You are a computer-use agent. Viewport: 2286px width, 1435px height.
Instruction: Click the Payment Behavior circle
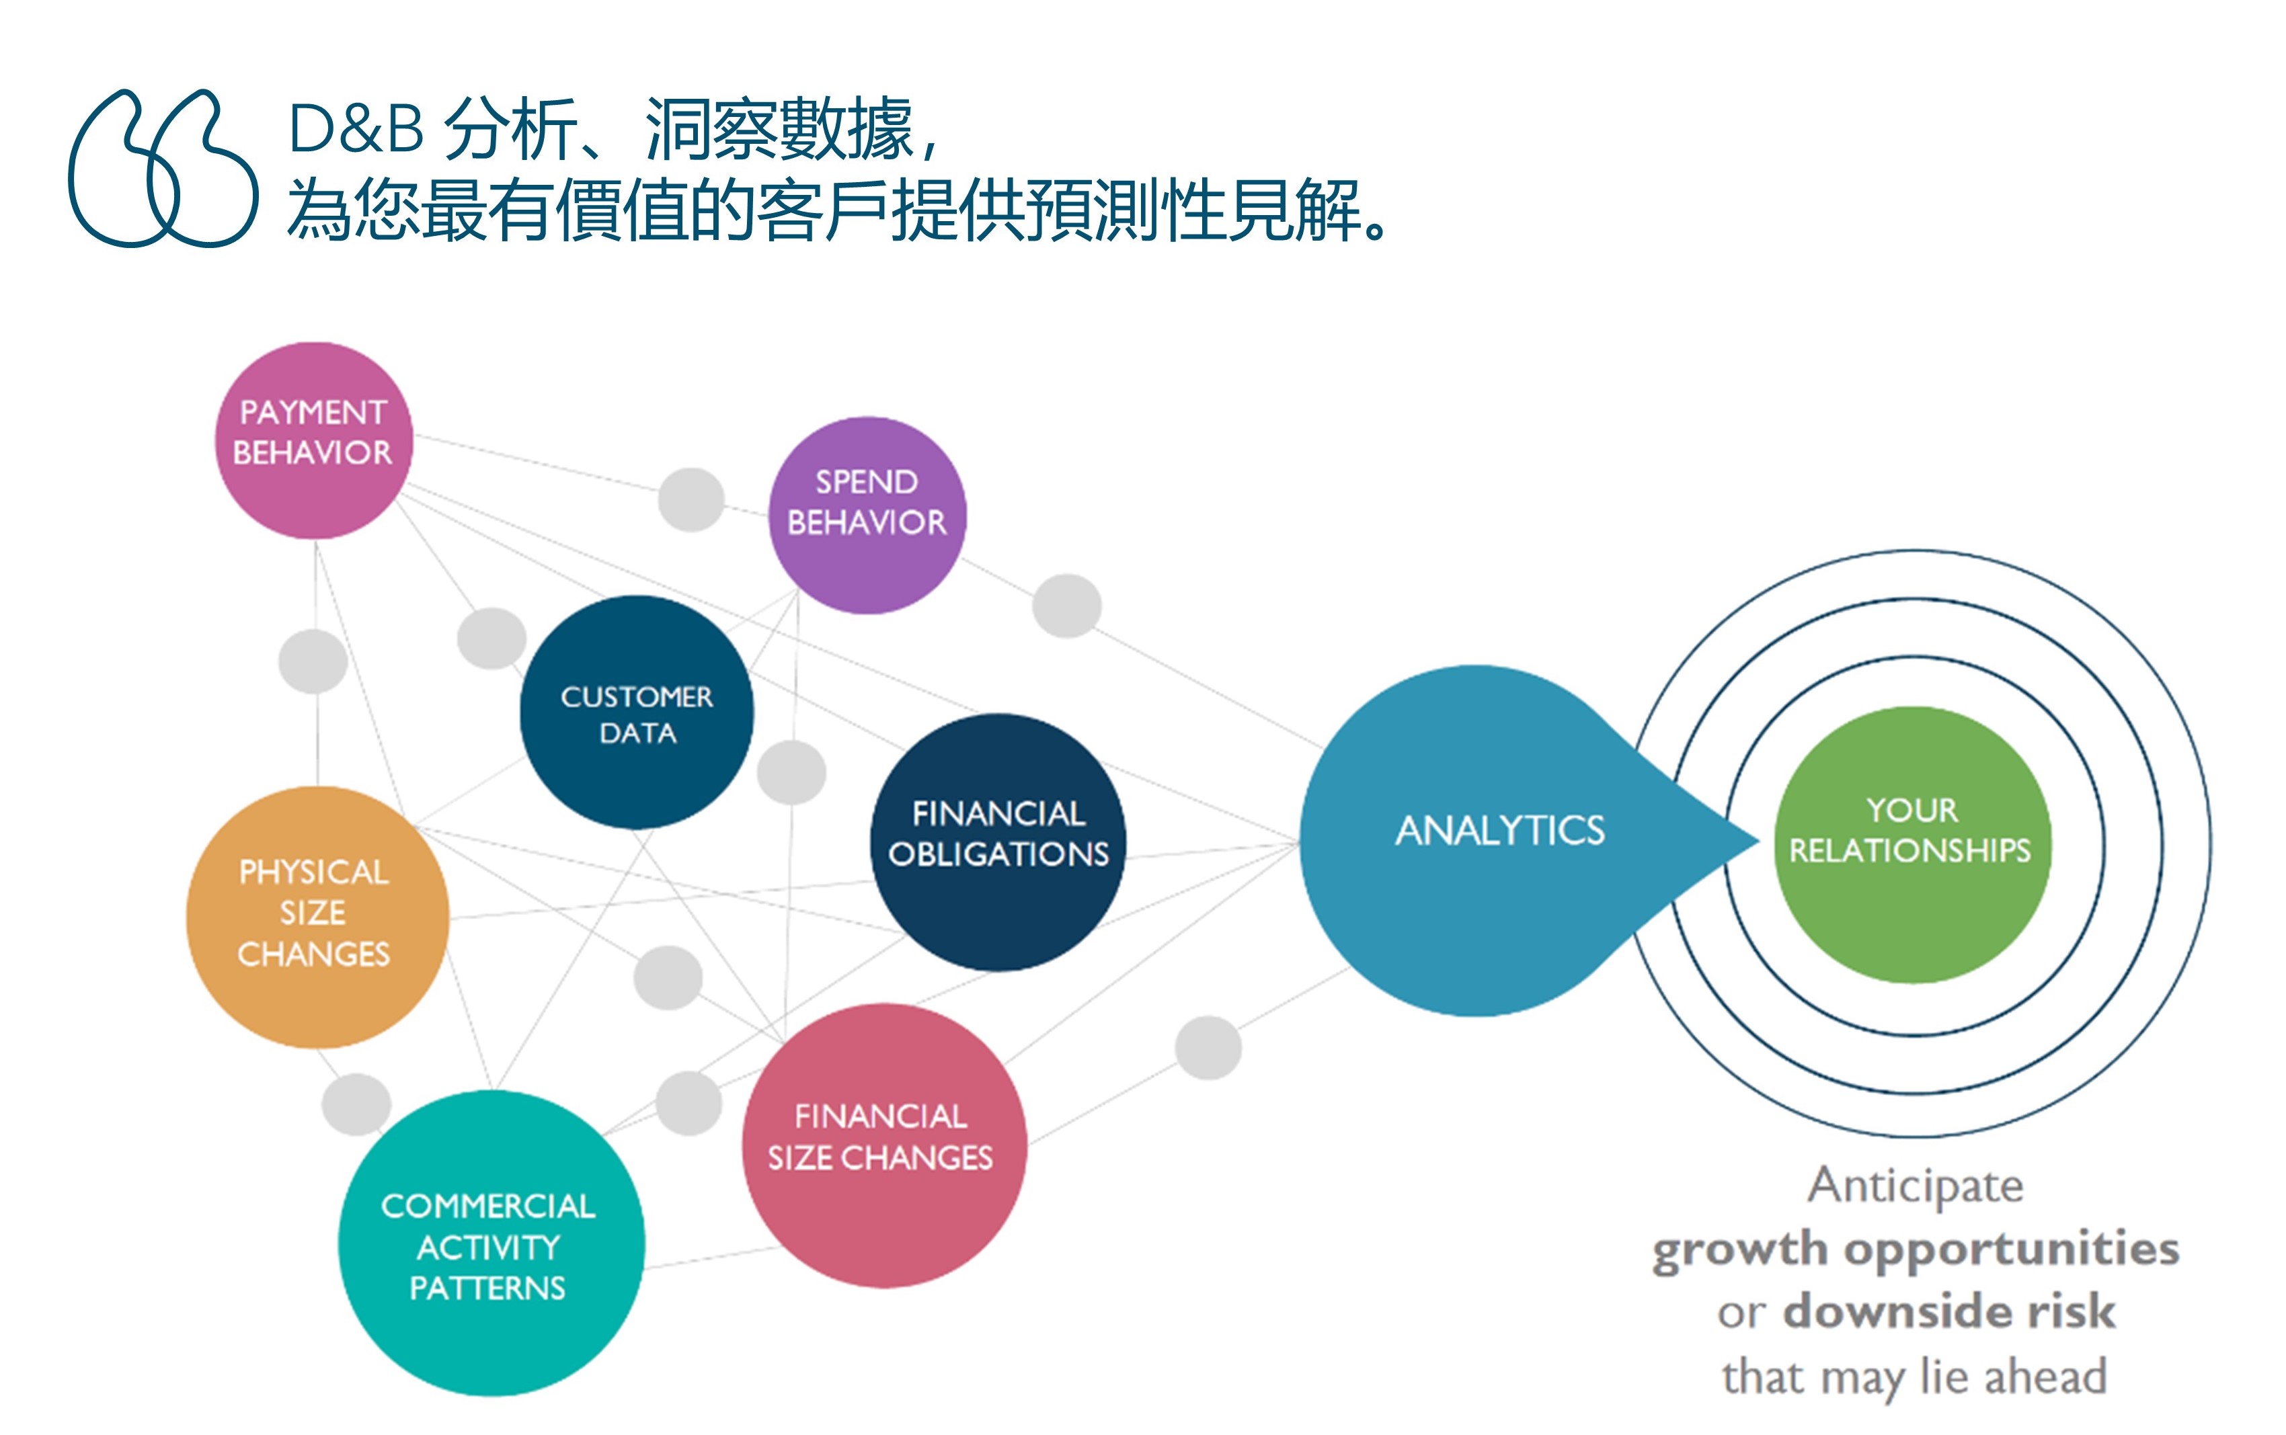(313, 440)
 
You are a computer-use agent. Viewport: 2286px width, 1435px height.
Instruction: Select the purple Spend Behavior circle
(867, 516)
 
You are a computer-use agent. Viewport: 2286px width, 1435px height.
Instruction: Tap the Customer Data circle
(636, 712)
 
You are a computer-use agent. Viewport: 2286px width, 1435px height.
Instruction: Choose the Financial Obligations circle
(998, 842)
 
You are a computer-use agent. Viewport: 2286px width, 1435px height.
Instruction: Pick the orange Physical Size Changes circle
(316, 917)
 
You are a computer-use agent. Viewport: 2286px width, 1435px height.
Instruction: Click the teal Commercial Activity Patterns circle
(491, 1243)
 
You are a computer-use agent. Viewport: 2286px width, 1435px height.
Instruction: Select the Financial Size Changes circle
(883, 1145)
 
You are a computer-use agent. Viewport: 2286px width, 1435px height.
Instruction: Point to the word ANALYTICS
(1500, 831)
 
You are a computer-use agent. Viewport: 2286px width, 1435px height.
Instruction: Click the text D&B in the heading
(355, 129)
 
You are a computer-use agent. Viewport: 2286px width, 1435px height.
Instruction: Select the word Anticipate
(1915, 1186)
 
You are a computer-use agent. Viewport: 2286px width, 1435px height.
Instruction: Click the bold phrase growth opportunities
(1916, 1249)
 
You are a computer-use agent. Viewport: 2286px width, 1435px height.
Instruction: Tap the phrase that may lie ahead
(1915, 1376)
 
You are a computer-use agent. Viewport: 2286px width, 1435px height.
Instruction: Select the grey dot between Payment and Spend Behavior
(691, 499)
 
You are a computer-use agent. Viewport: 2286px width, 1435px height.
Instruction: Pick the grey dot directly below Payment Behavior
(313, 661)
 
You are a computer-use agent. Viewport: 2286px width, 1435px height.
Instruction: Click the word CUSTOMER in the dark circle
(636, 696)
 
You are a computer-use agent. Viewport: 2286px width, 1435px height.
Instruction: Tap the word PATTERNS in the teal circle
(487, 1288)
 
